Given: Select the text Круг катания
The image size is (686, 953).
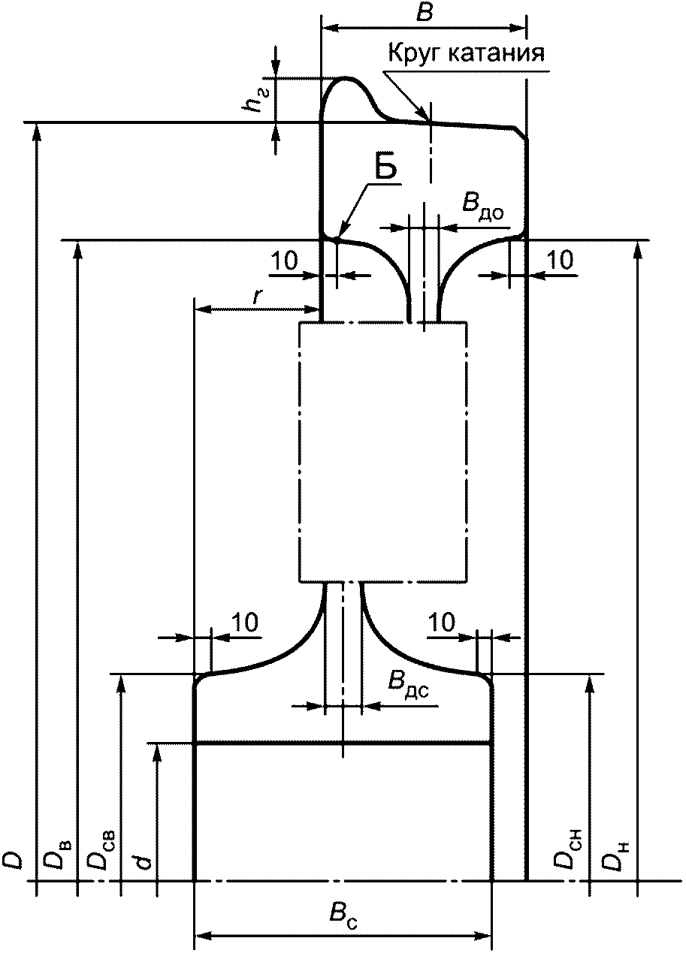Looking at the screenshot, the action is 467,53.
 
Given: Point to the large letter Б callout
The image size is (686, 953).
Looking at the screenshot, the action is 385,169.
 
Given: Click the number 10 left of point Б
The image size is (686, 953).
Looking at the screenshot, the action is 285,260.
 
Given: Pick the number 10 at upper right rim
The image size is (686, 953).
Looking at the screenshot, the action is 560,260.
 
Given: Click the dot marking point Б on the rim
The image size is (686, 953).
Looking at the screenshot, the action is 336,240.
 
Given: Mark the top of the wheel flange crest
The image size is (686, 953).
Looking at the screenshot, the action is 346,77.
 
